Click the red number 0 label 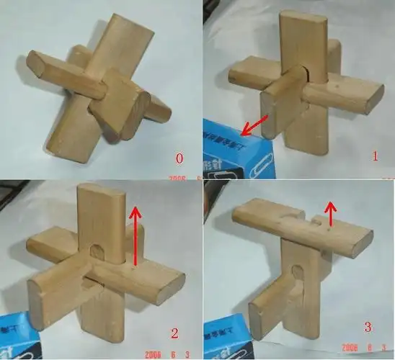coord(179,156)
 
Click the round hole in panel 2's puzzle coord(97,251)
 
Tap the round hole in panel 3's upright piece coord(296,271)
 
